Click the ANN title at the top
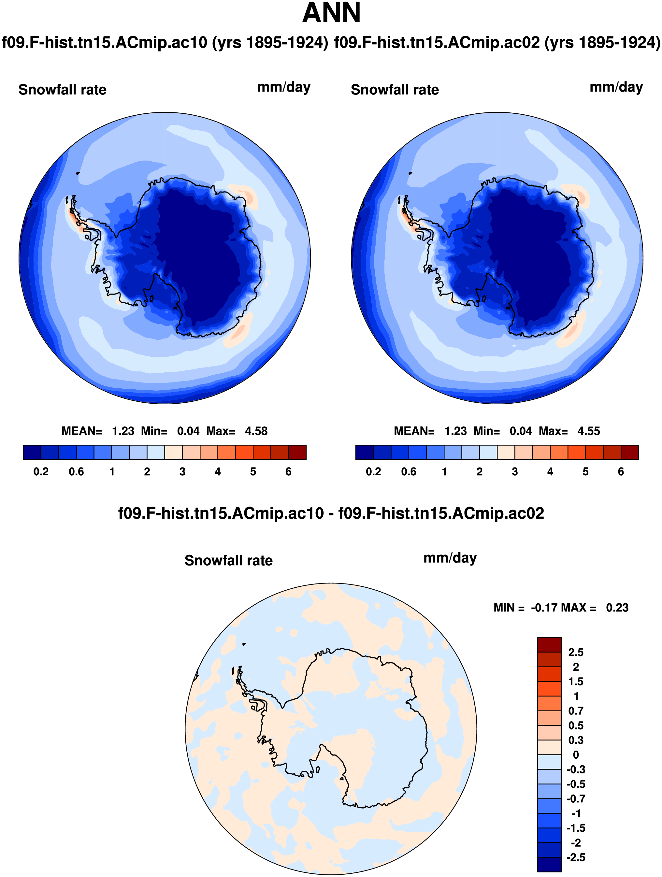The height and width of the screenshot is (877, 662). click(x=331, y=13)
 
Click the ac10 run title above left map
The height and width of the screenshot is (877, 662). click(x=165, y=42)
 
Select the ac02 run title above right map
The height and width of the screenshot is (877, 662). click(x=497, y=42)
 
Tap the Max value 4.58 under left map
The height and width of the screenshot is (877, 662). click(x=256, y=431)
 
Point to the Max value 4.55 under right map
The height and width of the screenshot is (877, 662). click(x=589, y=431)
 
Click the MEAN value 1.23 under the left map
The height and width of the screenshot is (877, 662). click(x=123, y=431)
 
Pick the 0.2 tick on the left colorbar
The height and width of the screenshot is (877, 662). click(x=41, y=471)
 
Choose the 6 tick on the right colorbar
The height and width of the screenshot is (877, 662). click(x=621, y=471)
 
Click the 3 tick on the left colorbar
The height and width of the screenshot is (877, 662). click(x=182, y=471)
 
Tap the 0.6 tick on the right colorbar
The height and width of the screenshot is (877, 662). click(x=409, y=471)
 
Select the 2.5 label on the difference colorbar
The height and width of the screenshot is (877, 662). click(x=576, y=652)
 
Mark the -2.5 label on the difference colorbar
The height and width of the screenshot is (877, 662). click(x=576, y=857)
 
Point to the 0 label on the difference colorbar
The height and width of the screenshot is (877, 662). click(x=576, y=755)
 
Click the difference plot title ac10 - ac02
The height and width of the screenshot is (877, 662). click(x=331, y=513)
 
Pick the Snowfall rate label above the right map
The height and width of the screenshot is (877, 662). click(x=395, y=90)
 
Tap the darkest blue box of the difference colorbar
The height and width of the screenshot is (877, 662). click(x=549, y=864)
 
